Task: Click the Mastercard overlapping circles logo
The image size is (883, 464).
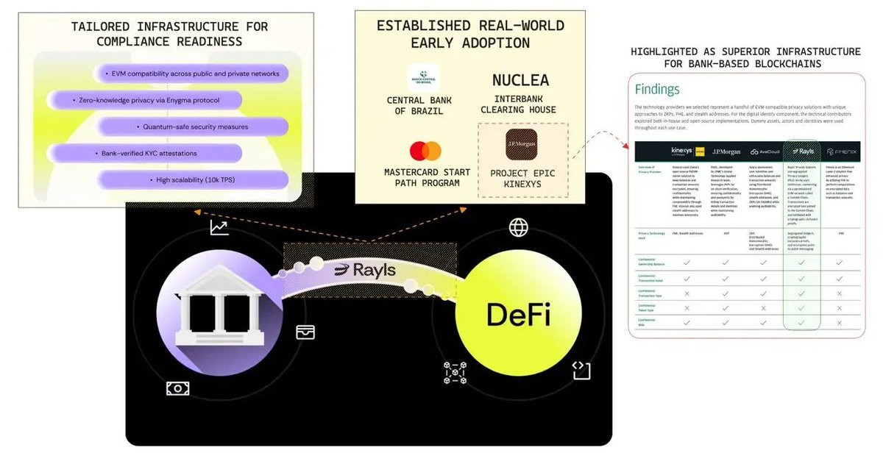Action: tap(425, 151)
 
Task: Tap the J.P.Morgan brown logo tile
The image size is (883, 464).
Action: tap(521, 145)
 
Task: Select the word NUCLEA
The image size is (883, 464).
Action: tap(521, 80)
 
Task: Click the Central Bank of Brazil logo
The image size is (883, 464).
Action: tap(423, 77)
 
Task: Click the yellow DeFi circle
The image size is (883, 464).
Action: tap(518, 315)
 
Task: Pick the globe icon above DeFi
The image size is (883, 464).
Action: tap(519, 227)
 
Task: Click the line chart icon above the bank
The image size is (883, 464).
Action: tap(219, 227)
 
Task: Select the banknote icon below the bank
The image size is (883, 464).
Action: tap(177, 388)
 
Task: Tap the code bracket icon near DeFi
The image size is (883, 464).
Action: tap(581, 371)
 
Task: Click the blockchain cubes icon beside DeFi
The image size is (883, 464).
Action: tap(454, 373)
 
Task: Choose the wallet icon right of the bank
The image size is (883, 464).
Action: tap(305, 332)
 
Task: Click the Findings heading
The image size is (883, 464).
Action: tap(657, 90)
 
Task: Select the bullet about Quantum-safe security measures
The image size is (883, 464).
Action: tap(191, 126)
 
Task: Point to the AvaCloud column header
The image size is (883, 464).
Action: tap(764, 151)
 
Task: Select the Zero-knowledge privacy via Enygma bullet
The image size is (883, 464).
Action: tap(145, 99)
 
